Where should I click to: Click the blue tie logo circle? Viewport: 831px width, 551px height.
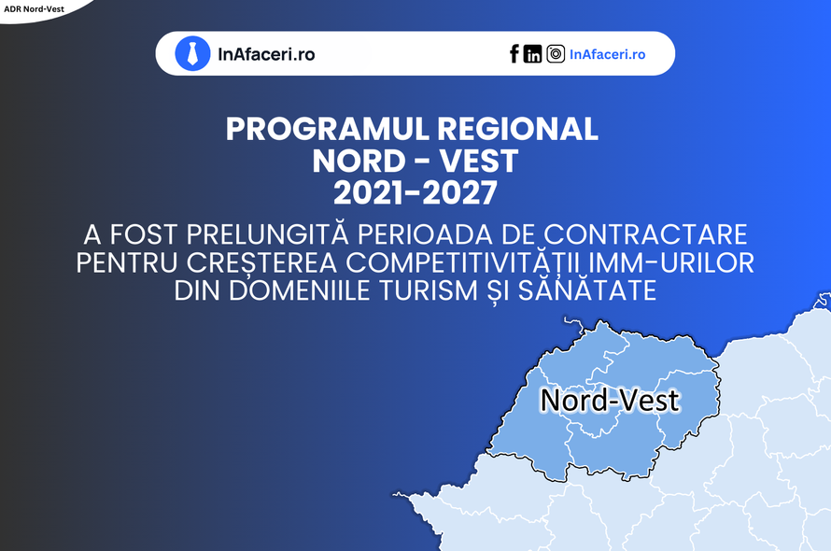pos(192,53)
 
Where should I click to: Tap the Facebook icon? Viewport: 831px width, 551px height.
pos(514,53)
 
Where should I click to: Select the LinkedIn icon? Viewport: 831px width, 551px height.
pos(532,53)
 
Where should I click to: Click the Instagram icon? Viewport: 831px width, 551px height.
pos(556,53)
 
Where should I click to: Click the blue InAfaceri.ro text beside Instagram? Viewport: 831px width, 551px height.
pos(607,54)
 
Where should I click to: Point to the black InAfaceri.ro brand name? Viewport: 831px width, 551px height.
pos(267,54)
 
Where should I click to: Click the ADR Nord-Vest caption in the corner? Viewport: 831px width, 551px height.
pos(34,9)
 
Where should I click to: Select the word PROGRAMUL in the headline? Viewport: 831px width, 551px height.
pos(327,129)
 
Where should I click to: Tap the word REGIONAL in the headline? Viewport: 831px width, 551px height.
pos(518,129)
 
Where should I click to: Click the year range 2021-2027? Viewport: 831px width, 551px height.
pos(415,192)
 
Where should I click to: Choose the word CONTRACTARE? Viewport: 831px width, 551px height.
pos(645,234)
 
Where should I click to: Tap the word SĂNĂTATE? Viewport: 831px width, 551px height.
pos(587,290)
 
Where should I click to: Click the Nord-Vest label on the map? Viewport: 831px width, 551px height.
pos(610,400)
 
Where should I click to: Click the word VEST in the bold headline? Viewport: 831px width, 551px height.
pos(479,161)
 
